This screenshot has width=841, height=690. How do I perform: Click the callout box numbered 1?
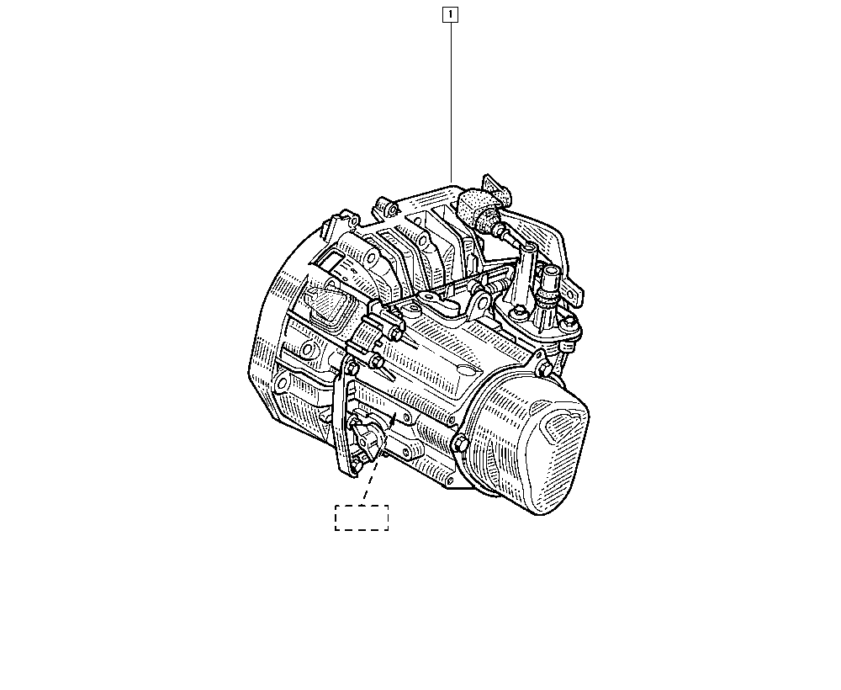coord(450,14)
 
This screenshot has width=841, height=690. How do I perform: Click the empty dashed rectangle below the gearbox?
coord(362,517)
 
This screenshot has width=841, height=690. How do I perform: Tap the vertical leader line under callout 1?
coord(451,102)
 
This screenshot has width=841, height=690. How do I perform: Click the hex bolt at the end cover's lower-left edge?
coord(460,444)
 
